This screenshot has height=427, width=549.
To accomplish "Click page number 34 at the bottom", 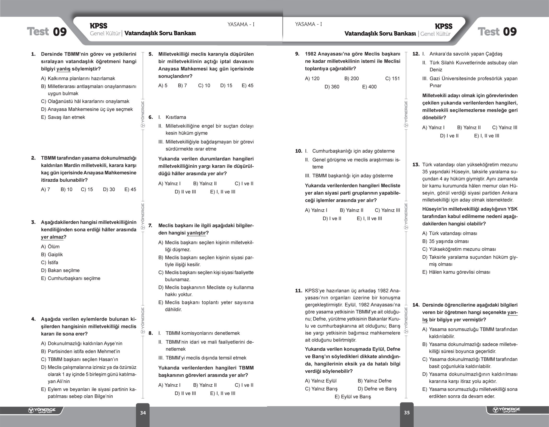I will pyautogui.click(x=143, y=413).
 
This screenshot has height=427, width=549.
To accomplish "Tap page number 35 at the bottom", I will pyautogui.click(x=407, y=412).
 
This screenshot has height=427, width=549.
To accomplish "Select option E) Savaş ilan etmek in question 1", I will pyautogui.click(x=63, y=117).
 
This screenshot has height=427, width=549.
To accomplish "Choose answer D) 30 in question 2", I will pyautogui.click(x=109, y=189).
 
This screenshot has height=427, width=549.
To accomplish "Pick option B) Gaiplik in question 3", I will pyautogui.click(x=52, y=254).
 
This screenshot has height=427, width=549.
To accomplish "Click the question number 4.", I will pyautogui.click(x=34, y=319).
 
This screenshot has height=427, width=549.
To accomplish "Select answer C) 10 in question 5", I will pyautogui.click(x=204, y=86).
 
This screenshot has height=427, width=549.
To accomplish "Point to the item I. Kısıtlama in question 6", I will pyautogui.click(x=172, y=117).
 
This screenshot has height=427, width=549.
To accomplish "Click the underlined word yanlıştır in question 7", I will pyautogui.click(x=196, y=233).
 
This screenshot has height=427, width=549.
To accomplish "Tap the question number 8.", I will pyautogui.click(x=151, y=333).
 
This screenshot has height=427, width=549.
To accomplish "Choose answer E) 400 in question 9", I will pyautogui.click(x=369, y=87).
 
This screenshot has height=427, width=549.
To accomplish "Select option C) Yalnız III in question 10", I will pyautogui.click(x=387, y=210).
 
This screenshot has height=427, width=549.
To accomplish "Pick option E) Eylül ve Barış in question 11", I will pyautogui.click(x=353, y=397).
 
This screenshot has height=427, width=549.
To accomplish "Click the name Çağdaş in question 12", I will pyautogui.click(x=494, y=54).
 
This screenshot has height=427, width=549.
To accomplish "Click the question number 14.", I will pyautogui.click(x=416, y=305).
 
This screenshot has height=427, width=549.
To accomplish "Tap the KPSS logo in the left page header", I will pyautogui.click(x=98, y=26).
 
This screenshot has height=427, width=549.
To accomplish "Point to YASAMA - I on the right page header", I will pyautogui.click(x=309, y=24).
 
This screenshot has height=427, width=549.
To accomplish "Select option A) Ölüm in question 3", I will pyautogui.click(x=50, y=246).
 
